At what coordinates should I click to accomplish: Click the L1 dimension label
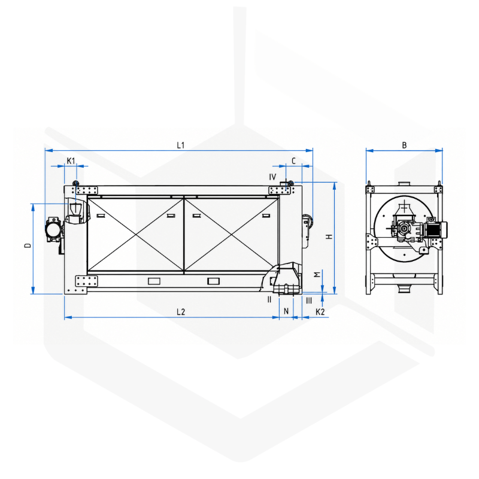click(x=181, y=145)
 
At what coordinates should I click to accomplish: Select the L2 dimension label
click(x=181, y=312)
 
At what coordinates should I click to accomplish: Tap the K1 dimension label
click(x=71, y=160)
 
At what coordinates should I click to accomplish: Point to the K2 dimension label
click(x=320, y=312)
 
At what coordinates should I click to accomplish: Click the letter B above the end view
click(x=404, y=145)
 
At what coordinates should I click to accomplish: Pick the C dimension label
click(x=293, y=160)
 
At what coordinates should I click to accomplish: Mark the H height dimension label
click(x=329, y=237)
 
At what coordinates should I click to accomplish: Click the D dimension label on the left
click(x=28, y=245)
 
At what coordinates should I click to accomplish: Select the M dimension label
click(x=318, y=274)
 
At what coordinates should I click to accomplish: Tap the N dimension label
click(x=286, y=311)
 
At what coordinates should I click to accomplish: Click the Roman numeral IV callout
click(x=272, y=177)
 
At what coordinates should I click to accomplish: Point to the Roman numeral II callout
click(x=269, y=300)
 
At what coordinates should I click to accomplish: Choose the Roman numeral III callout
click(x=309, y=301)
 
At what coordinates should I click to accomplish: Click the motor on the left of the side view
click(x=53, y=230)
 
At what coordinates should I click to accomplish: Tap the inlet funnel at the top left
click(x=75, y=208)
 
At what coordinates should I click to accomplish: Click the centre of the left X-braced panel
click(x=136, y=234)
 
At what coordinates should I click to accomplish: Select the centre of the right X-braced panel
click(x=231, y=234)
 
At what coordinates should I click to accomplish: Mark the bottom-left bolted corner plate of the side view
click(x=86, y=281)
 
